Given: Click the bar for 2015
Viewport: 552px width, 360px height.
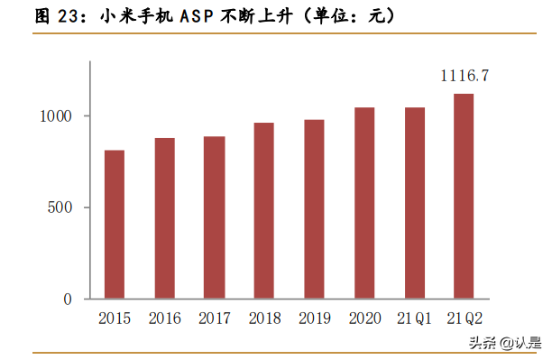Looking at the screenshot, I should [115, 225].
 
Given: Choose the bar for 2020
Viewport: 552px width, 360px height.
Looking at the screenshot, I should [363, 203].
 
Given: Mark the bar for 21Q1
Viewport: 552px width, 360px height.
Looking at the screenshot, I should [414, 203].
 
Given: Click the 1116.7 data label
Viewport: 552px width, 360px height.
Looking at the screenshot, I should [464, 77].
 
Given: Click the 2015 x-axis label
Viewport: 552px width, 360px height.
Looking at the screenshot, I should [115, 318].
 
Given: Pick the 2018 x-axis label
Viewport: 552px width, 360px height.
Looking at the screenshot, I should [263, 318].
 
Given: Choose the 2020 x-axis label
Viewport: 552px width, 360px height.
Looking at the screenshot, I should [363, 318].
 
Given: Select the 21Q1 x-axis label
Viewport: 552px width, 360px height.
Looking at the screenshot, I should [414, 318].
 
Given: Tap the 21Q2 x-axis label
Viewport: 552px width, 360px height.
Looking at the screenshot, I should [463, 318].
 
